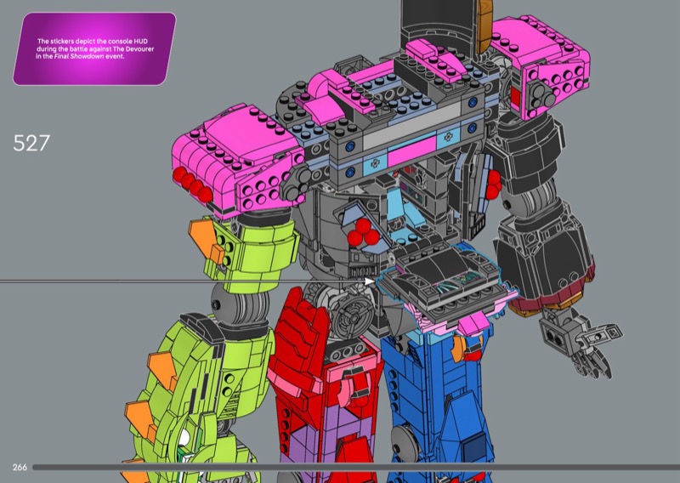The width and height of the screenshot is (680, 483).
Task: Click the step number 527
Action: [x=31, y=143]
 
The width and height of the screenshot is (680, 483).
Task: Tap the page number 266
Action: [x=20, y=467]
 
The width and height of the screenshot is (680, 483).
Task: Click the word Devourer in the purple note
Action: [x=139, y=49]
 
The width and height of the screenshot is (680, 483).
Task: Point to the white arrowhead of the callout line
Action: [x=370, y=281]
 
